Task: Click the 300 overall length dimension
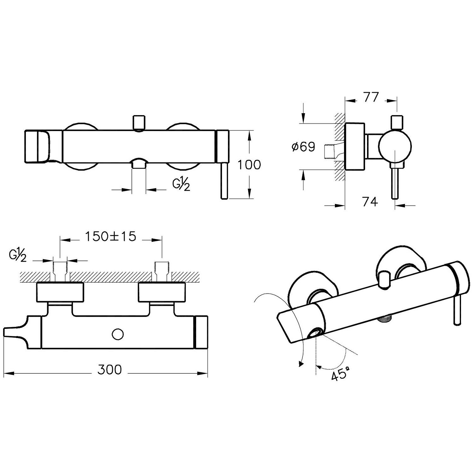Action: coord(109,369)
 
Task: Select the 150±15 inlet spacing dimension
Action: coord(111,236)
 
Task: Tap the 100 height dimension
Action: coord(249,165)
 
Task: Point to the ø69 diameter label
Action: coord(303,147)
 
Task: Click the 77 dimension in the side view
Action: coord(371,97)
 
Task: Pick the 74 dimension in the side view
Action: coord(370,201)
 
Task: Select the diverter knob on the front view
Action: coord(139,123)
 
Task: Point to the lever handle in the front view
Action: coord(224,181)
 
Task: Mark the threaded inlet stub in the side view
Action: coord(330,151)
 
